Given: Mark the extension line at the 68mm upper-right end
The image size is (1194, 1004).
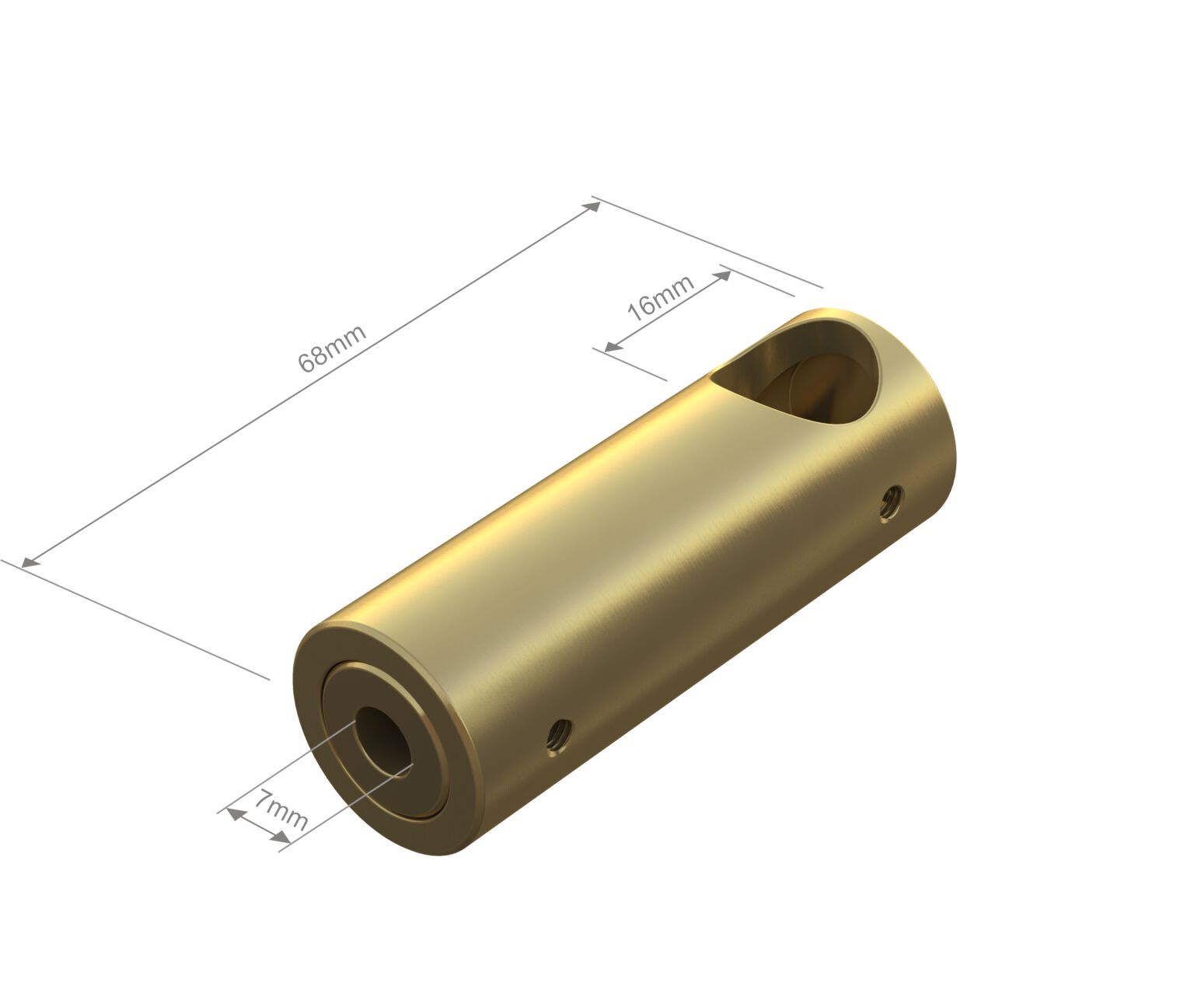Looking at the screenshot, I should (707, 241).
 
